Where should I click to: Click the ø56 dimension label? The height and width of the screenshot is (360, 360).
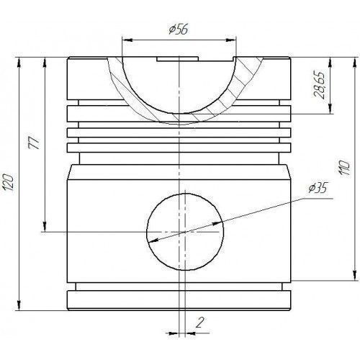tap(179, 30)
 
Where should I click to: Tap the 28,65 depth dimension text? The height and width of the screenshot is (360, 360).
tap(320, 85)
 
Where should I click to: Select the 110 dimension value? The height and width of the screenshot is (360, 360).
tap(344, 168)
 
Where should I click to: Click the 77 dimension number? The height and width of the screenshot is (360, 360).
tap(34, 143)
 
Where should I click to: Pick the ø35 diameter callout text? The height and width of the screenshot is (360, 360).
tap(318, 188)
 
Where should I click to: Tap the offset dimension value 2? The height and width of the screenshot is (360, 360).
tap(199, 323)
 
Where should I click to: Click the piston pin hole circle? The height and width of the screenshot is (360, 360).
tap(185, 194)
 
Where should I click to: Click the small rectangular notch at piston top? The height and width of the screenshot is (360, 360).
tap(178, 59)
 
